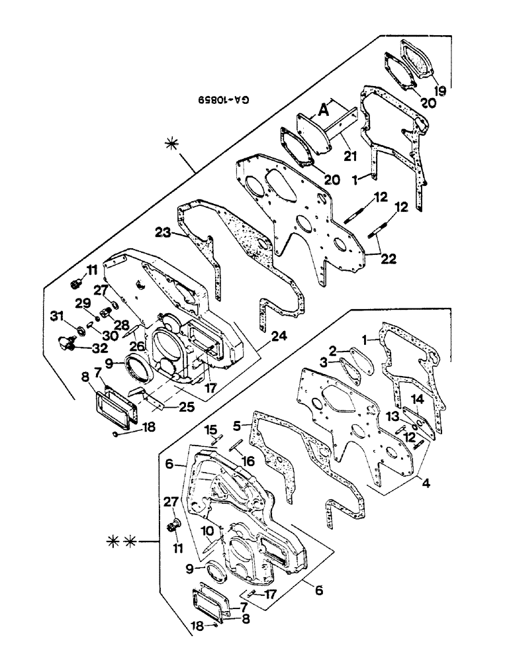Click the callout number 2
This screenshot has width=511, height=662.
pos(334,351)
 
